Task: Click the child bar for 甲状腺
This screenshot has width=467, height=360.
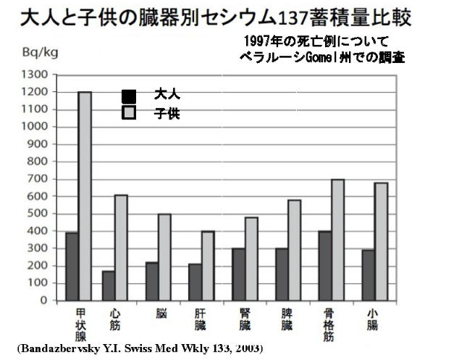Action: pyautogui.click(x=85, y=196)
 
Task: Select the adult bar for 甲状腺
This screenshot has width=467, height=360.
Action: pyautogui.click(x=72, y=266)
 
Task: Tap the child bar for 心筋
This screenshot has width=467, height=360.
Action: pyautogui.click(x=122, y=247)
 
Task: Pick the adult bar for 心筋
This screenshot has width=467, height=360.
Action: pyautogui.click(x=109, y=285)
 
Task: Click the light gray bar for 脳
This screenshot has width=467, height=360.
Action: pyautogui.click(x=164, y=256)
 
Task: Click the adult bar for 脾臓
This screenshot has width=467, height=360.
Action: pyautogui.click(x=281, y=274)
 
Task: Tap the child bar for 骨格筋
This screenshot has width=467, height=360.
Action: pyautogui.click(x=337, y=239)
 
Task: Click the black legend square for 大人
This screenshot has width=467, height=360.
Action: pyautogui.click(x=129, y=96)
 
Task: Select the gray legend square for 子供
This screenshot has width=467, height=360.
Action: pyautogui.click(x=129, y=113)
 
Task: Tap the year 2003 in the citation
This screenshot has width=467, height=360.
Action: pyautogui.click(x=249, y=349)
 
